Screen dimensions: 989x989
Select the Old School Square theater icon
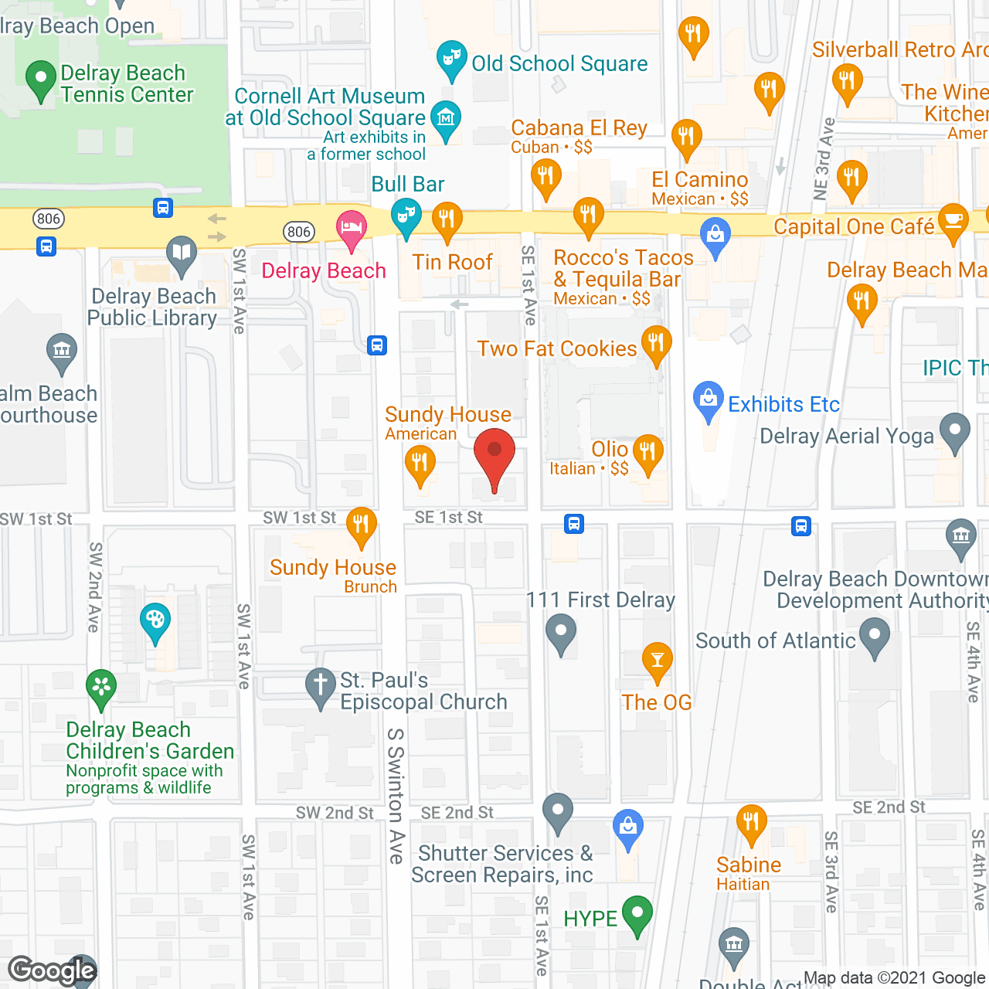[451, 59]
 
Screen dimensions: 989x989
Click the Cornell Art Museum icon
[445, 118]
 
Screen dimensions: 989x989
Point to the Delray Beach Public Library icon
[182, 253]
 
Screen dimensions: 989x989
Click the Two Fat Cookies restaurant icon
[656, 343]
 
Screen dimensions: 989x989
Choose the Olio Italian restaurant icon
[647, 452]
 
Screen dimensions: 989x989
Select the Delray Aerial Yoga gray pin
[955, 431]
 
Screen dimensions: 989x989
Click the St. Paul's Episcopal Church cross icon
[319, 685]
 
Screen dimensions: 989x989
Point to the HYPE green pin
[637, 913]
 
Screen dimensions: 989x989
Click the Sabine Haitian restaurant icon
[750, 824]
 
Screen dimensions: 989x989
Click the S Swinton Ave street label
[396, 795]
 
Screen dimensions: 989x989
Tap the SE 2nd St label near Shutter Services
[457, 813]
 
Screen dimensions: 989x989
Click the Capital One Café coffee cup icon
[953, 221]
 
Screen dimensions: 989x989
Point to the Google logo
[53, 970]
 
